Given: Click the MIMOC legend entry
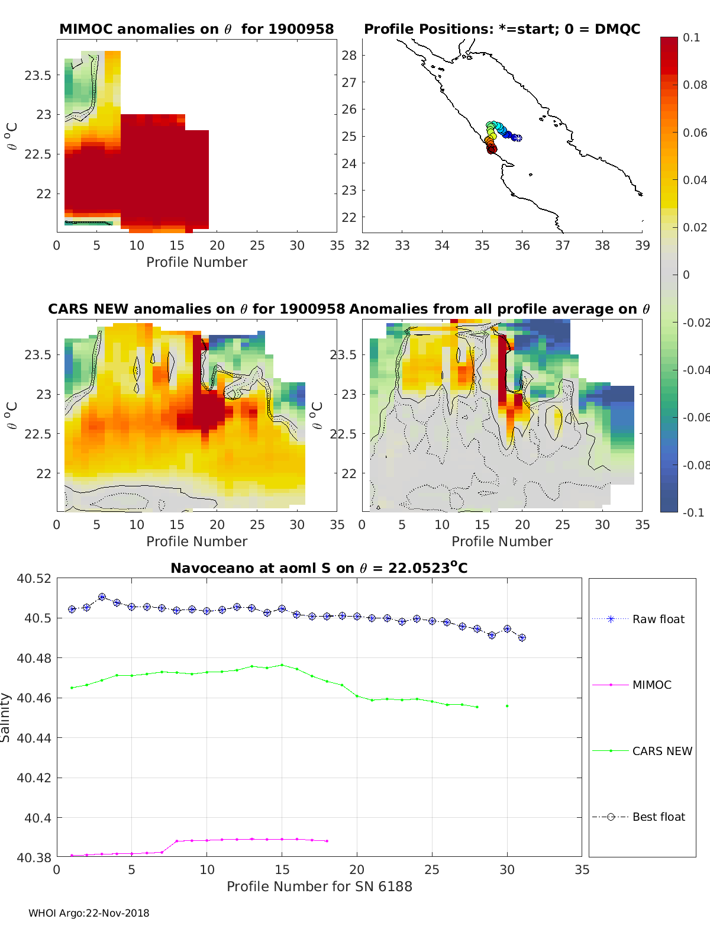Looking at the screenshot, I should click(x=651, y=685).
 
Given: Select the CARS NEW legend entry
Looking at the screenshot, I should click(x=661, y=751).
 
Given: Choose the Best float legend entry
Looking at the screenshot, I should click(x=658, y=817).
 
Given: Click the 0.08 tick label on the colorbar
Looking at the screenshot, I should click(x=695, y=85).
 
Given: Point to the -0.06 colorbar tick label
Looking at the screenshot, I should click(x=695, y=417).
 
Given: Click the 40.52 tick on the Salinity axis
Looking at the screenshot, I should click(x=34, y=579).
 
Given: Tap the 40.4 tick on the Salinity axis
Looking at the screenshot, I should click(x=39, y=818).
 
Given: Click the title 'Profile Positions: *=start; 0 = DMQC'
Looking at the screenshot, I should click(x=502, y=29).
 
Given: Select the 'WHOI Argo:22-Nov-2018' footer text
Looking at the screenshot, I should click(x=89, y=913).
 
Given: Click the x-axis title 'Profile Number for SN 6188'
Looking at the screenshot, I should click(x=319, y=886).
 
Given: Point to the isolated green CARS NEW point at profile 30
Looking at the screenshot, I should click(x=507, y=706).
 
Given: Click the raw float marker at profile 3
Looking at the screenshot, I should click(x=102, y=597).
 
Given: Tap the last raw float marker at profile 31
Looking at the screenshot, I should click(x=522, y=638).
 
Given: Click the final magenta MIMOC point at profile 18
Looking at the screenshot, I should click(x=327, y=841).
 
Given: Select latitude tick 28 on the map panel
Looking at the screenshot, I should click(x=350, y=56).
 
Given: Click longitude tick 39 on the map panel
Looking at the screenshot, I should click(x=642, y=246).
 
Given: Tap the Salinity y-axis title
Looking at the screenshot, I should click(x=6, y=717).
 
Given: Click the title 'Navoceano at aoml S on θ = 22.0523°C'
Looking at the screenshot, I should click(x=319, y=568).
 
